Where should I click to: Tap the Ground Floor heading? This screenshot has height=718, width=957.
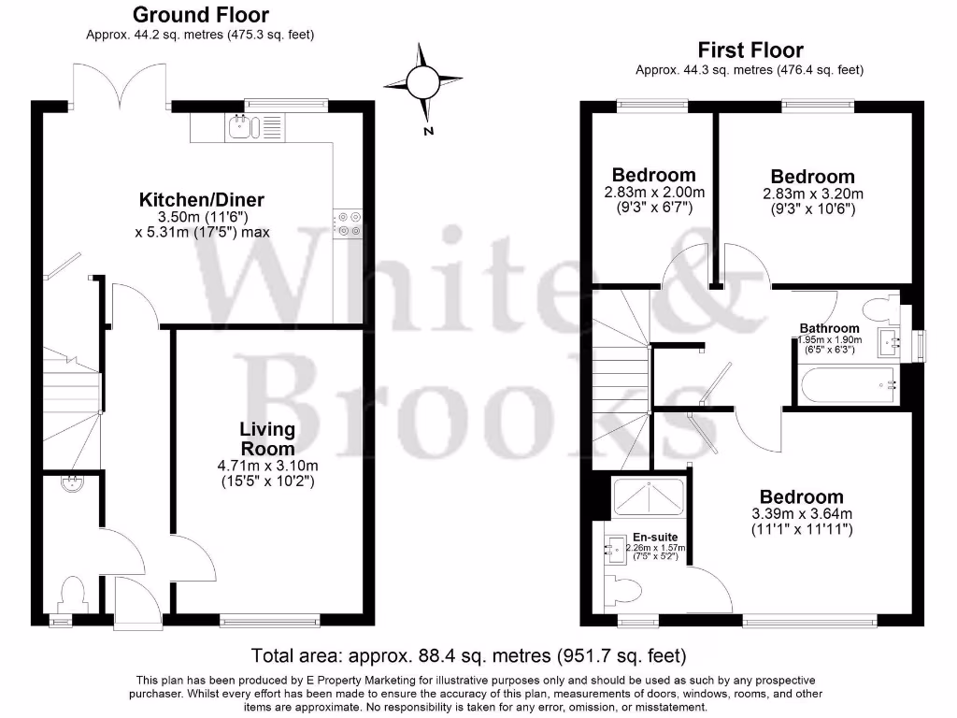(200, 15)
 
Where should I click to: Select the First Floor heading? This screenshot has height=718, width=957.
(750, 50)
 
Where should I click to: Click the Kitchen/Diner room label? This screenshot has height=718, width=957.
(202, 199)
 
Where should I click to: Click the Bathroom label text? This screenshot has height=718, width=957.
(829, 328)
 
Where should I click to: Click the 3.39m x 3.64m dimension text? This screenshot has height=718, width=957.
(801, 514)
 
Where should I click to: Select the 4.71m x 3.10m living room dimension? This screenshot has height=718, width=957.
(267, 466)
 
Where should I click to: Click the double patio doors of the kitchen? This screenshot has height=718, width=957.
(121, 84)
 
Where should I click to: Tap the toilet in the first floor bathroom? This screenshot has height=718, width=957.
(877, 308)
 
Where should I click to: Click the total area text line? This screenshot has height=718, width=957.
(468, 655)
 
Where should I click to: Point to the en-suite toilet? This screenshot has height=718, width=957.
(623, 590)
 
